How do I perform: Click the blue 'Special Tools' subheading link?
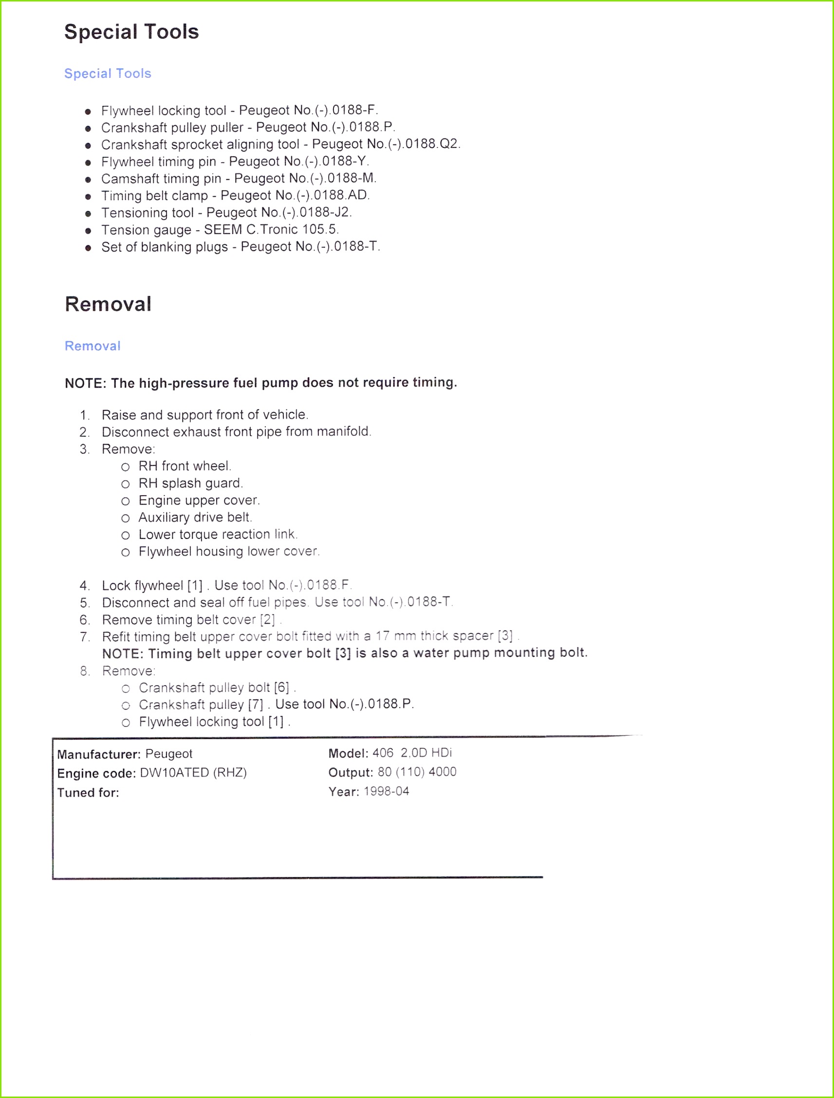point(108,74)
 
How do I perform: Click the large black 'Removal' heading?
point(108,304)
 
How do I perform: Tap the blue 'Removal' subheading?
point(93,346)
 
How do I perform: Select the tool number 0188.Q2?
point(432,144)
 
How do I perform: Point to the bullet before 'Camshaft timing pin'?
point(88,180)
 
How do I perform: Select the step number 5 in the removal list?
point(84,603)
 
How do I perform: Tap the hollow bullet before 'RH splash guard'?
point(126,484)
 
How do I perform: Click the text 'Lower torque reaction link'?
point(217,535)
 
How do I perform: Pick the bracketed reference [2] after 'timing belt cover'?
point(268,619)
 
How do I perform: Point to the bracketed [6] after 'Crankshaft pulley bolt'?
point(281,688)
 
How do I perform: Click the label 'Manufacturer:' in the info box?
point(99,755)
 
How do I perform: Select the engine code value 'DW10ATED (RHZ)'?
point(194,773)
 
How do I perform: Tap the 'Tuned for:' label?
point(88,793)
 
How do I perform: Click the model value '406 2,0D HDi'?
point(412,753)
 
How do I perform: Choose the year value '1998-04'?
point(386,791)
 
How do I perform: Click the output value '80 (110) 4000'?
point(417,772)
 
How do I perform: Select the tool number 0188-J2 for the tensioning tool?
point(324,212)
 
